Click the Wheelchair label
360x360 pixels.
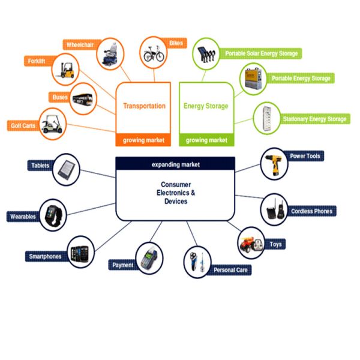(x=80, y=44)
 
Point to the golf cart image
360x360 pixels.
(x=53, y=122)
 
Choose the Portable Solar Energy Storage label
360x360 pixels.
(x=260, y=53)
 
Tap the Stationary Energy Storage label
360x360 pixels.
(x=315, y=119)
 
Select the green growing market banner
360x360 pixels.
(x=206, y=140)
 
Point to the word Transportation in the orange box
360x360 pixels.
(x=144, y=106)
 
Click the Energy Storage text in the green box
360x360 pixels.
(x=206, y=106)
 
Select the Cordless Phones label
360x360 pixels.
(x=312, y=211)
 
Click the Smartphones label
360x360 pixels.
(x=45, y=256)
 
